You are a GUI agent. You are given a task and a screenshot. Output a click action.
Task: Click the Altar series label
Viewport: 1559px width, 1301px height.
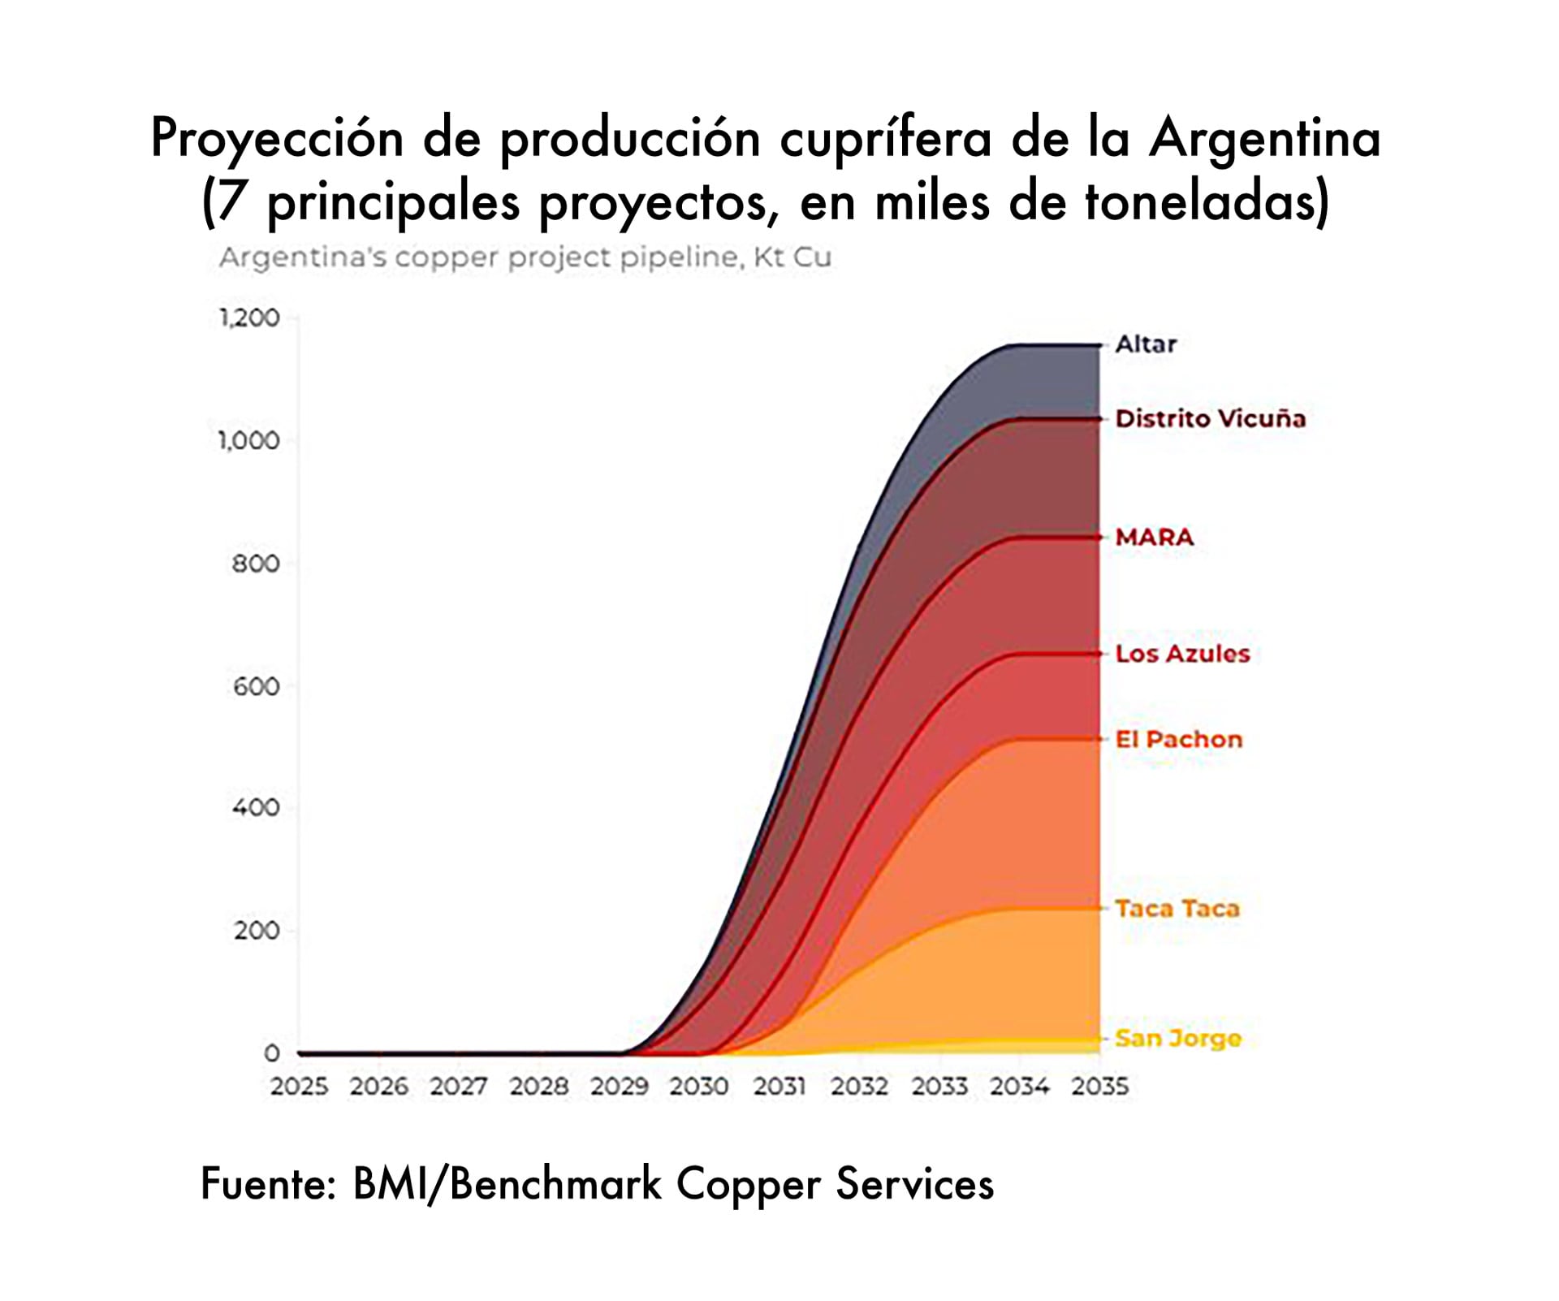(1145, 344)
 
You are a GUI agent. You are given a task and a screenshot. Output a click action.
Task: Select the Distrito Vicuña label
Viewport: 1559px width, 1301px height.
(1210, 419)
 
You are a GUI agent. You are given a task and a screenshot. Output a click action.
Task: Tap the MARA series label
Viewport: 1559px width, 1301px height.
(1154, 538)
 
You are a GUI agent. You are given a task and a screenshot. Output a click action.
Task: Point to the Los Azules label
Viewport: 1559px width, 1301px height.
(1182, 654)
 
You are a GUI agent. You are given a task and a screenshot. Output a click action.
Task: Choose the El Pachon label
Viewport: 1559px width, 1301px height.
(1178, 740)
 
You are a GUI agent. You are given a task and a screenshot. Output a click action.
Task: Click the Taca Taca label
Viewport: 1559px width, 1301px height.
(1177, 909)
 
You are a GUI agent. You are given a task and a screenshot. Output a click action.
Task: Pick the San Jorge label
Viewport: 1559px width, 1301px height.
(1177, 1039)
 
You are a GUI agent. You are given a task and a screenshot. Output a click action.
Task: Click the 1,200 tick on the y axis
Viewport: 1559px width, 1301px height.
(249, 318)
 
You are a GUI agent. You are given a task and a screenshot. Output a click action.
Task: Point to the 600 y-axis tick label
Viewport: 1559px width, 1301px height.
(256, 687)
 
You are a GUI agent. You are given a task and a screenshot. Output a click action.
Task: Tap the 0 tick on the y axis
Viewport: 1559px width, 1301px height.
(272, 1053)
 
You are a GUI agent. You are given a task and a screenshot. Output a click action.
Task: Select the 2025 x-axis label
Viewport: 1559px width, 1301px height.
(299, 1087)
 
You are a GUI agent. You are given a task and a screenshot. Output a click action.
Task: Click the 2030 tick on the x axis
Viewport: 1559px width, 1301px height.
(698, 1087)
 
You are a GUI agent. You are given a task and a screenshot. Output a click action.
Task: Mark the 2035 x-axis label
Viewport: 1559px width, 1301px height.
(1099, 1087)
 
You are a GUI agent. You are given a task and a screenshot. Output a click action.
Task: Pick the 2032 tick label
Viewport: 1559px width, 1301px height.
(859, 1087)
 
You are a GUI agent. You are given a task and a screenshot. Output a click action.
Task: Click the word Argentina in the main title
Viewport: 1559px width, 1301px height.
(1264, 138)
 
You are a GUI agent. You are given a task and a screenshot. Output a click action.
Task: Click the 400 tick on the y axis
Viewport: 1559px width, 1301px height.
(256, 808)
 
